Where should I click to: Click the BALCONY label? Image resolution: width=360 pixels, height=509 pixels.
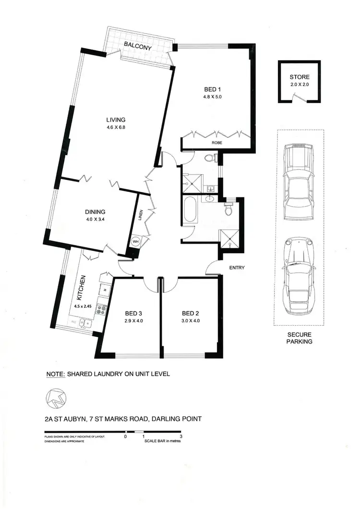pyautogui.click(x=138, y=47)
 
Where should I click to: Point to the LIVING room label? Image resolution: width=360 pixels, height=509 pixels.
pyautogui.click(x=116, y=120)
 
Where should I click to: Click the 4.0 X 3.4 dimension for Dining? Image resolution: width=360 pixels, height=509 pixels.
pyautogui.click(x=96, y=220)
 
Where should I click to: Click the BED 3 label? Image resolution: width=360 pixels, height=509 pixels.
pyautogui.click(x=129, y=311)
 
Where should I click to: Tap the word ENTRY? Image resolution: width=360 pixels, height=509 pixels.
pyautogui.click(x=237, y=268)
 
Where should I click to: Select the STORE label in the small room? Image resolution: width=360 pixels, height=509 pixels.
pyautogui.click(x=300, y=77)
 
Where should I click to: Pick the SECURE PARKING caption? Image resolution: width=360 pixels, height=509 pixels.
pyautogui.click(x=300, y=338)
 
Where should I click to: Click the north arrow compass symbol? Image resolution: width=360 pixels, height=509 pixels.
pyautogui.click(x=56, y=397)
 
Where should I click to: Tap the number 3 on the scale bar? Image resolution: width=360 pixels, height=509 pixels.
pyautogui.click(x=180, y=437)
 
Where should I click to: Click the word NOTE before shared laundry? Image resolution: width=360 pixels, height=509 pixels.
pyautogui.click(x=55, y=374)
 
